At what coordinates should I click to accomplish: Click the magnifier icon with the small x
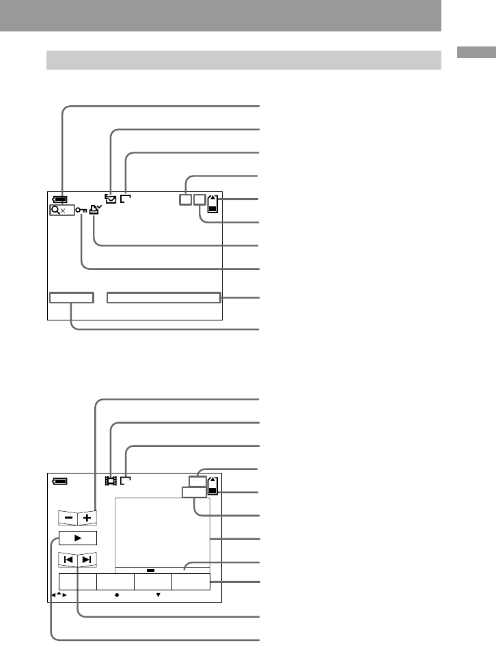click(58, 211)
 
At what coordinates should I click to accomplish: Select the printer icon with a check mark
click(94, 210)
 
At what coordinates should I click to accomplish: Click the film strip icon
click(110, 480)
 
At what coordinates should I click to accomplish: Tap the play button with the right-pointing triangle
click(77, 538)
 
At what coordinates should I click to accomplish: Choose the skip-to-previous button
click(68, 560)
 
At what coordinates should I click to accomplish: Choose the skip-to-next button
click(87, 560)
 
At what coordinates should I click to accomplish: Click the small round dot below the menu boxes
click(117, 595)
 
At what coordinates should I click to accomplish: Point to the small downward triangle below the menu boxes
click(158, 595)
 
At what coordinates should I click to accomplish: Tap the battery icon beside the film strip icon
click(60, 481)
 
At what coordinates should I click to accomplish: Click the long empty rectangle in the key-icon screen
click(164, 297)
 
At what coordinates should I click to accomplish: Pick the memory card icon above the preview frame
click(213, 485)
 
